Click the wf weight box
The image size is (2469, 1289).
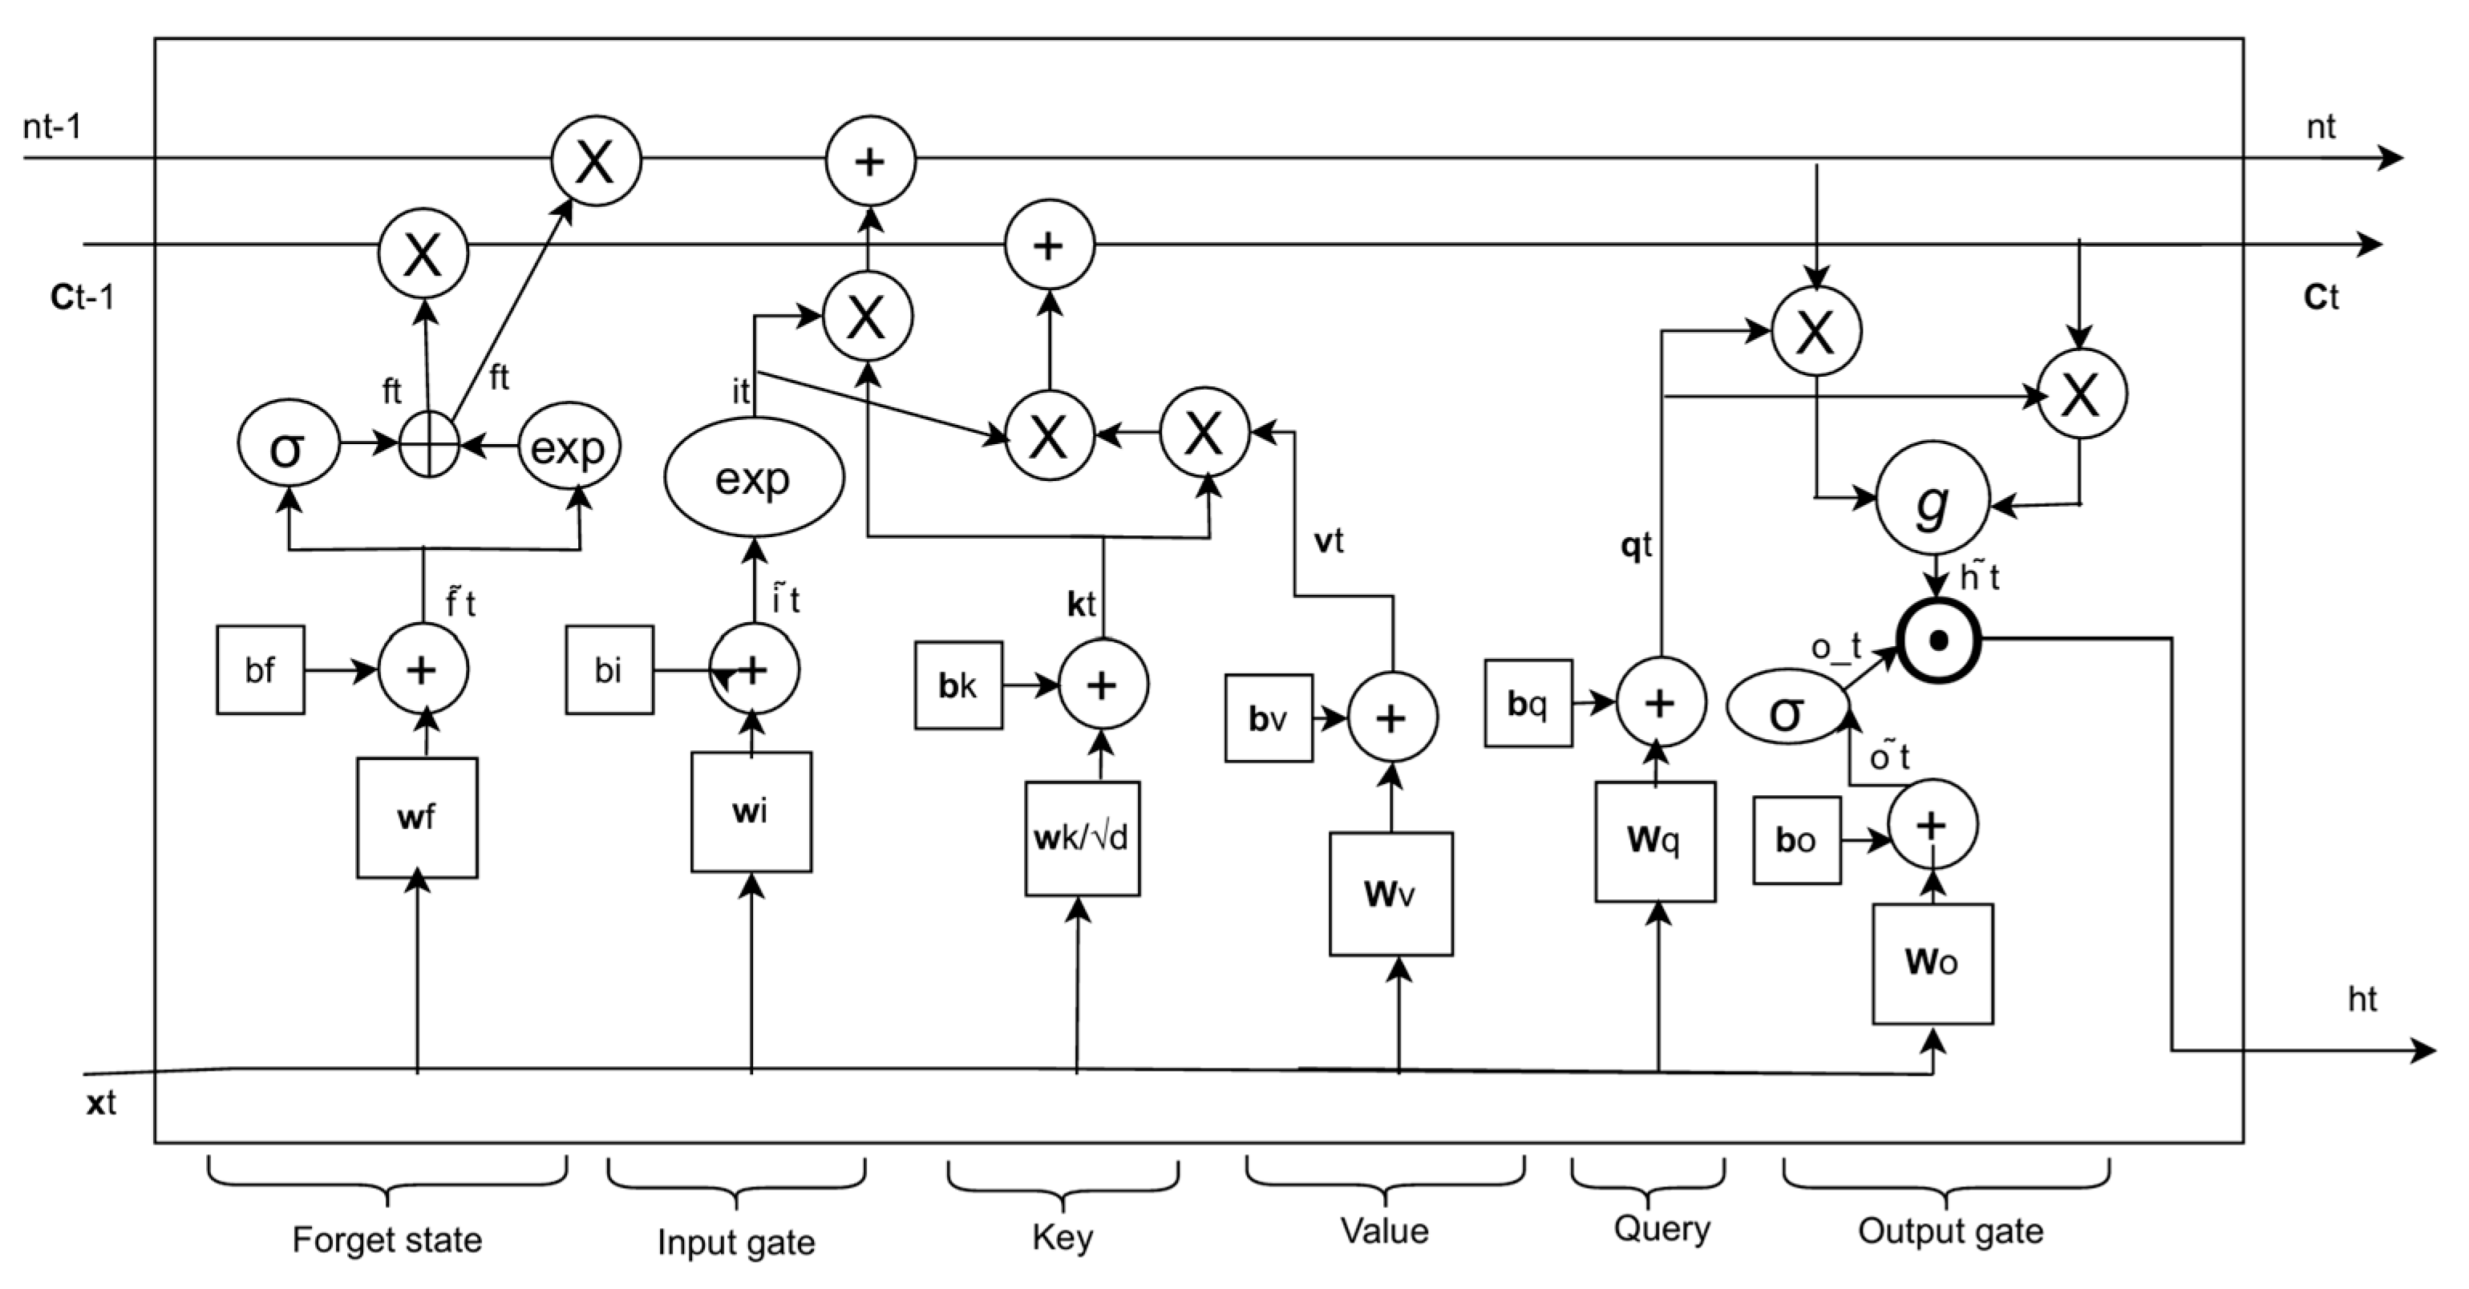tap(417, 818)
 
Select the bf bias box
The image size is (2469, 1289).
tap(260, 670)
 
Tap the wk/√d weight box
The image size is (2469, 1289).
tap(1082, 838)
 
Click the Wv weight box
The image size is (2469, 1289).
tap(1390, 893)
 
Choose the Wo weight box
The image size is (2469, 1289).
tap(1933, 964)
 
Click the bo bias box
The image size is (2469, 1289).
tap(1796, 840)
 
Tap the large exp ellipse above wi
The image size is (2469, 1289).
tap(755, 477)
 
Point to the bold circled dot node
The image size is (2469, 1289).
tap(1938, 641)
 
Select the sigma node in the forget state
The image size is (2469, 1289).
tap(289, 445)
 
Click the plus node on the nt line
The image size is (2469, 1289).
tap(870, 160)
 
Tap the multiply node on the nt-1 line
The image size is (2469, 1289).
tap(595, 160)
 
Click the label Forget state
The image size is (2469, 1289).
tap(387, 1239)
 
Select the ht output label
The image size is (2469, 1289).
tap(2362, 1000)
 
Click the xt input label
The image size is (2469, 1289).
tap(101, 1103)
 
